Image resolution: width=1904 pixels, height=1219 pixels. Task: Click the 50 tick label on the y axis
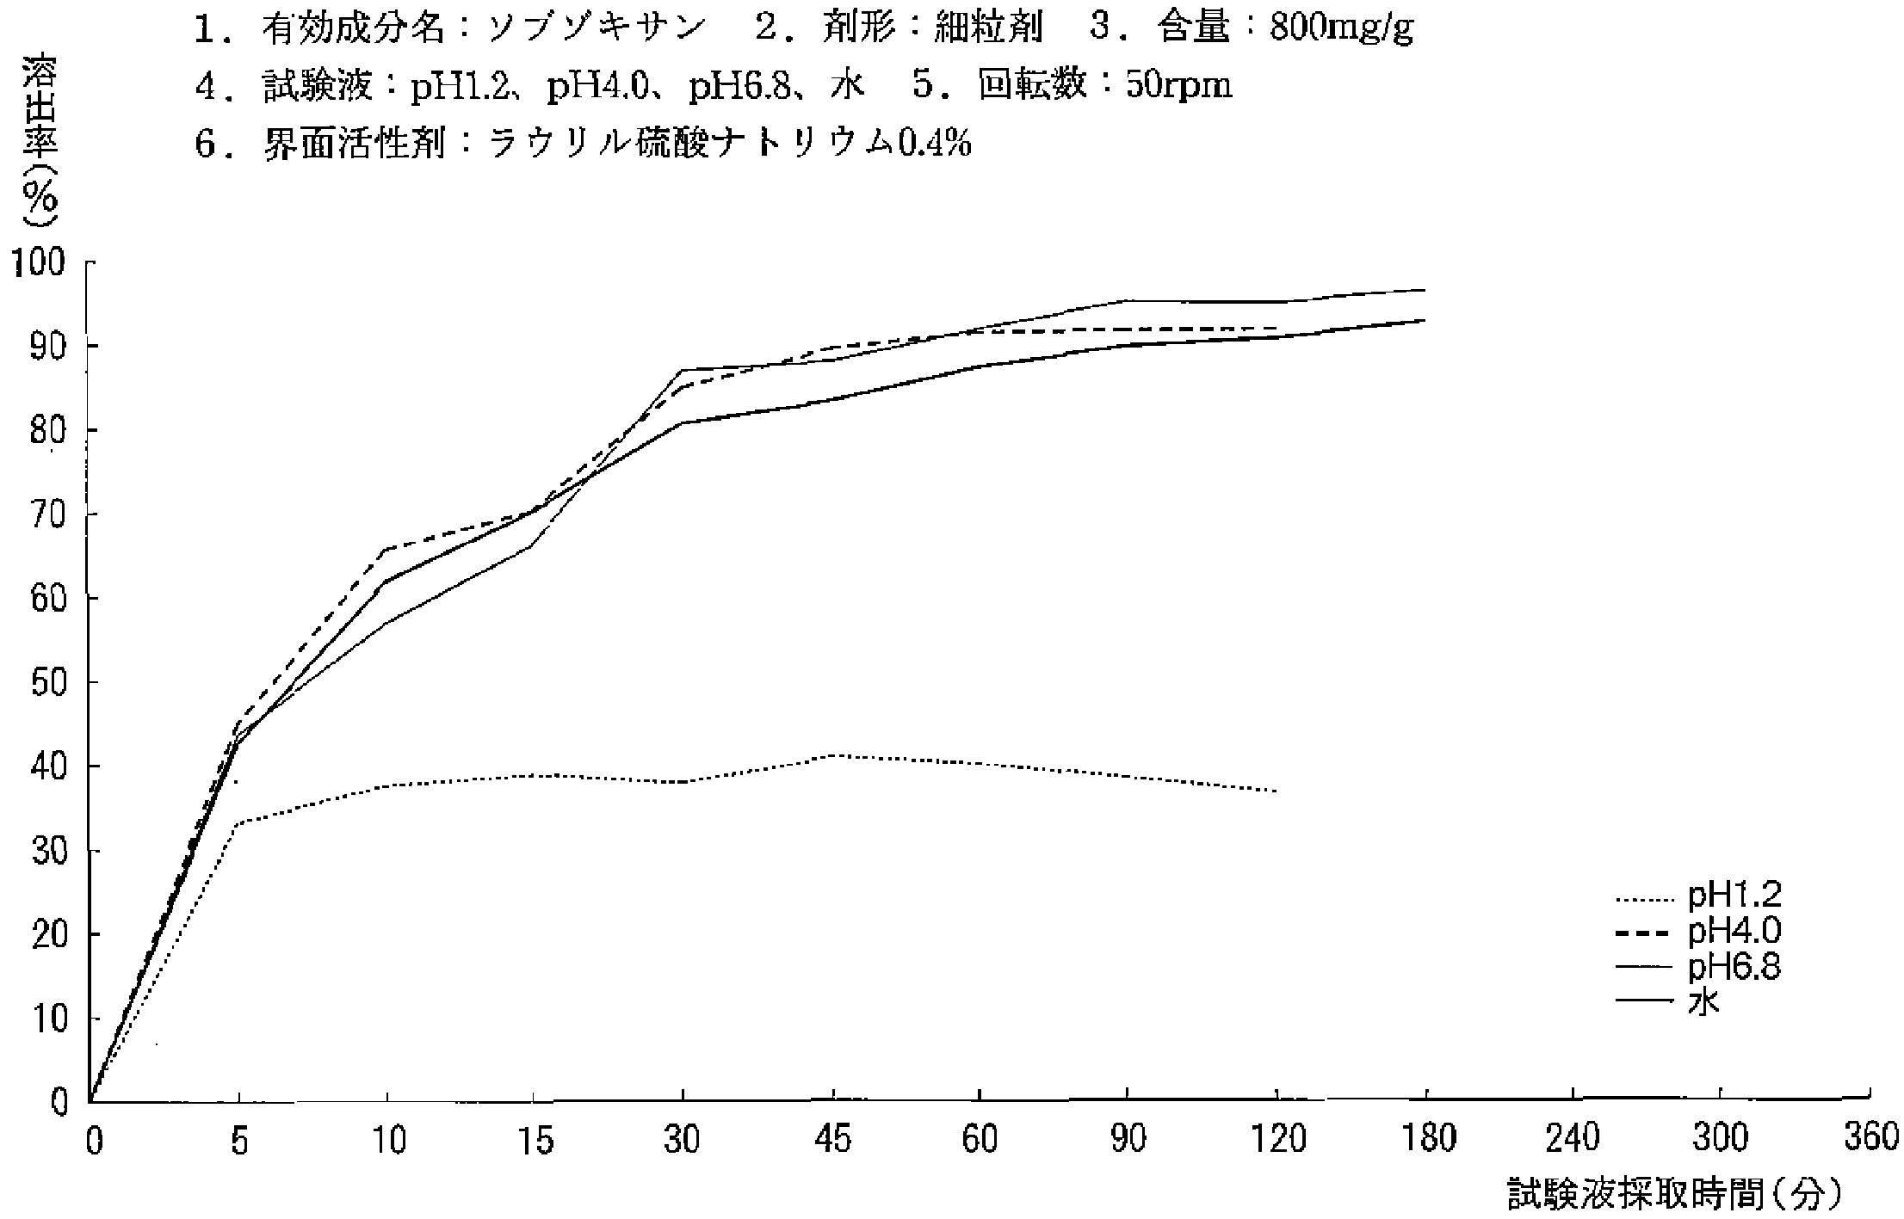click(48, 683)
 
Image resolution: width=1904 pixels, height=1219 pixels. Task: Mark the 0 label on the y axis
click(59, 1103)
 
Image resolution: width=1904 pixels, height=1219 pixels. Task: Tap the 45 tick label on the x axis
click(832, 1141)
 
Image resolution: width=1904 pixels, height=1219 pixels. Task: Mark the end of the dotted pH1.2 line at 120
click(1276, 791)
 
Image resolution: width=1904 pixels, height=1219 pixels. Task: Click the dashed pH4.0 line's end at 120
click(1276, 328)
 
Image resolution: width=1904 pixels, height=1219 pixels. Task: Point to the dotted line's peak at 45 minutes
click(833, 755)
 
